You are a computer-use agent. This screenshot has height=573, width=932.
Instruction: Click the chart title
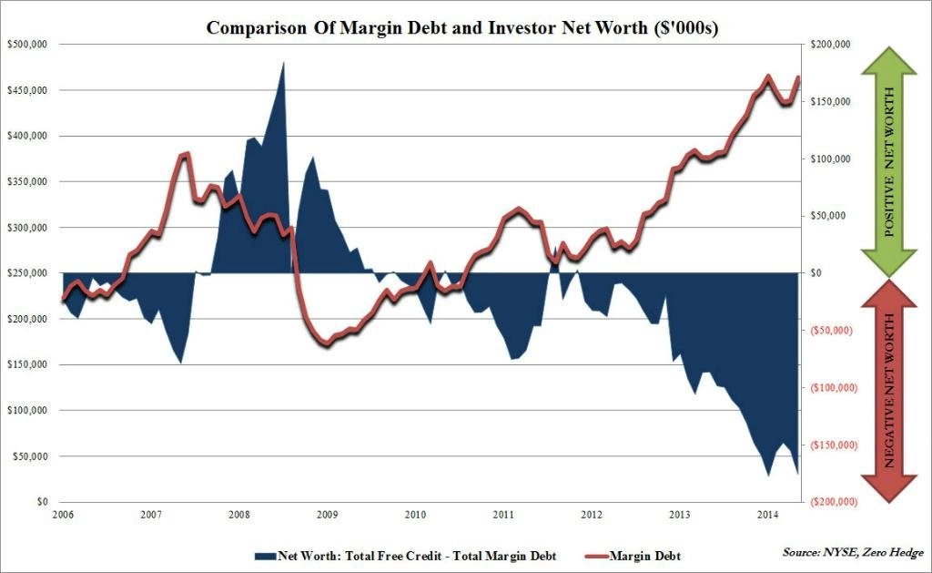[x=461, y=27]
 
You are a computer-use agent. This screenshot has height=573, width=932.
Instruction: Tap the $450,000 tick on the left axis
[x=27, y=90]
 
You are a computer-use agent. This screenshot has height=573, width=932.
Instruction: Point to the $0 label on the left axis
[x=42, y=502]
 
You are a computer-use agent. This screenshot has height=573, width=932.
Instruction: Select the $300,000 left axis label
[x=27, y=228]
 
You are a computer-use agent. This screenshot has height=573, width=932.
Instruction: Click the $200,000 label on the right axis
[x=830, y=45]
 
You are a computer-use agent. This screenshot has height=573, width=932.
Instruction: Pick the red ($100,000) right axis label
[x=834, y=388]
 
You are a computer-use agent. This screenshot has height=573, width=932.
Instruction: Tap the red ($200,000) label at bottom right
[x=834, y=502]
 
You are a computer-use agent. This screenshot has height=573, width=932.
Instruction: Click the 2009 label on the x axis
[x=327, y=515]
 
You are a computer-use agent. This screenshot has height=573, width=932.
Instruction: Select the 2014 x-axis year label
[x=767, y=515]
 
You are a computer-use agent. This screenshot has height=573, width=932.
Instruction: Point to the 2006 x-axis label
[x=63, y=515]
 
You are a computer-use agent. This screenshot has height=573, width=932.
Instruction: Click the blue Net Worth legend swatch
[x=266, y=557]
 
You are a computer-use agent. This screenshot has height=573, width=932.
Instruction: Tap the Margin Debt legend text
[x=645, y=557]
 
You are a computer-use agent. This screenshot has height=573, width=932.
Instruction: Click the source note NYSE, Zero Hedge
[x=853, y=553]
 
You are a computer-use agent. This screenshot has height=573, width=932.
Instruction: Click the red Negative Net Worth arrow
[x=889, y=392]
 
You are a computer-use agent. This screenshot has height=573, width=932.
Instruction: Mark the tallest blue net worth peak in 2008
[x=283, y=62]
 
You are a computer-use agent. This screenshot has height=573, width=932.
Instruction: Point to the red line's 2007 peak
[x=186, y=154]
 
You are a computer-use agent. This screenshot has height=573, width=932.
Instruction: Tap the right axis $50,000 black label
[x=828, y=216]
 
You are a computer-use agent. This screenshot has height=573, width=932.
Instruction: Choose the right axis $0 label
[x=816, y=273]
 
